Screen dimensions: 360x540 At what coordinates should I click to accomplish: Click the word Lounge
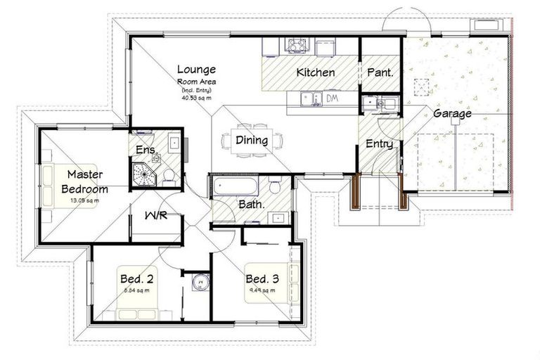click(196, 70)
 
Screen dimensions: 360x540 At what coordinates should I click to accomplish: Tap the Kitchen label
click(315, 72)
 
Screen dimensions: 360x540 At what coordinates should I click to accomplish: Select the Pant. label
click(380, 72)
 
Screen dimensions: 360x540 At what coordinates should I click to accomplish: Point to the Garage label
click(452, 112)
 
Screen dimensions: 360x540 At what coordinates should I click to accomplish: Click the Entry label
click(379, 143)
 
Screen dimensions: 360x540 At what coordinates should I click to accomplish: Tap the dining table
click(252, 141)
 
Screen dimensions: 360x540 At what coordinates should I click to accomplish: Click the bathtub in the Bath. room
click(234, 188)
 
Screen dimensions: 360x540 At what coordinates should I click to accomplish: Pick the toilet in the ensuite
click(169, 175)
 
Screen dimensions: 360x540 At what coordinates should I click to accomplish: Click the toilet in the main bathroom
click(275, 186)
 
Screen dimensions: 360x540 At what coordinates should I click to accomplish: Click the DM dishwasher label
click(332, 98)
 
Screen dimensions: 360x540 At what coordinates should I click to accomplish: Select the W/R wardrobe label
click(155, 215)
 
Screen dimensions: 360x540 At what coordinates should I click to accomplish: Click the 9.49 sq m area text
click(262, 289)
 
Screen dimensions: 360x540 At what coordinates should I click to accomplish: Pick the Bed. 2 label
click(137, 278)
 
